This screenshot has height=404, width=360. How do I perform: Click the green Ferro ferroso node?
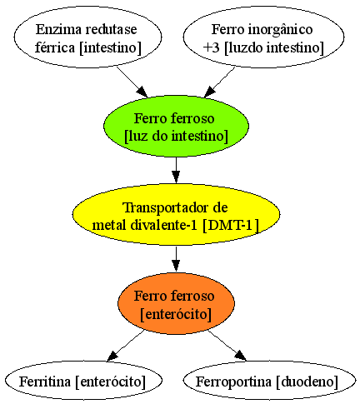point(176,127)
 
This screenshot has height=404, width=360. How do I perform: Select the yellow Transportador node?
point(176,214)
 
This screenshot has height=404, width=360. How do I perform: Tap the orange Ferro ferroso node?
point(176,303)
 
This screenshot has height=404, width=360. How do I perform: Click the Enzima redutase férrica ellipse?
point(87,37)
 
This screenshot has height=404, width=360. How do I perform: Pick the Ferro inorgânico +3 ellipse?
point(263,37)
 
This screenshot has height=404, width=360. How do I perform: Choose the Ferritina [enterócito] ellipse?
point(83,381)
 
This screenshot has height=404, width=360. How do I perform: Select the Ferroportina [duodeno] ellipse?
point(269,381)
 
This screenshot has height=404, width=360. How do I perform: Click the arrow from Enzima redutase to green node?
point(132,82)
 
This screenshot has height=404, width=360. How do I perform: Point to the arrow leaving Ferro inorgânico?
point(219,82)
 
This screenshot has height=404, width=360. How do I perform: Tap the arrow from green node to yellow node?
point(176,170)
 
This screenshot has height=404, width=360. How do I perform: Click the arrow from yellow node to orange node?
point(176,258)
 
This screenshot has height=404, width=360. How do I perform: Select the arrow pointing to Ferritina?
point(126,346)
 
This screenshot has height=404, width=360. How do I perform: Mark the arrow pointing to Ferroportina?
point(227,346)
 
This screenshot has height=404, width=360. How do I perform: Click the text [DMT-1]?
point(231,225)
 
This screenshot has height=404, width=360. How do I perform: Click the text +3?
point(212,47)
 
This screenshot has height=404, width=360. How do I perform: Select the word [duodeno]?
point(307,382)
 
